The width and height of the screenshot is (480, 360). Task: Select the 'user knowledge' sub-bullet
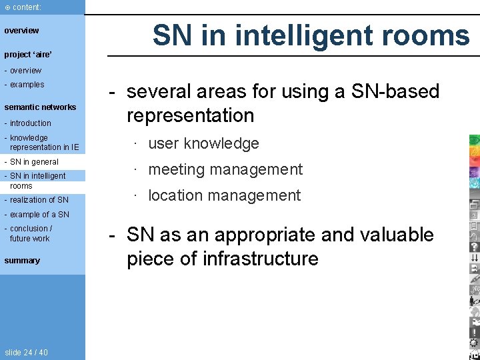pyautogui.click(x=203, y=143)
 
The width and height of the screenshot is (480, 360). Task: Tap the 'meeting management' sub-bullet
pyautogui.click(x=225, y=169)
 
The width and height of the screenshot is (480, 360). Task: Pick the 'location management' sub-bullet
pyautogui.click(x=224, y=195)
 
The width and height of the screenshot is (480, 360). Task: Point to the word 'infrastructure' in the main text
pyautogui.click(x=253, y=259)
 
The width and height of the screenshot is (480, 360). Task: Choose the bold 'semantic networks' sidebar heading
pyautogui.click(x=40, y=107)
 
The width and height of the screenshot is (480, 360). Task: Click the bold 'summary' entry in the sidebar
pyautogui.click(x=22, y=260)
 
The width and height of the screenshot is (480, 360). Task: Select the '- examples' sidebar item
pyautogui.click(x=25, y=85)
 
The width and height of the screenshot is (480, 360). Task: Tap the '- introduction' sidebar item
pyautogui.click(x=28, y=123)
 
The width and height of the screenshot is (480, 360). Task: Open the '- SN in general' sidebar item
pyautogui.click(x=32, y=161)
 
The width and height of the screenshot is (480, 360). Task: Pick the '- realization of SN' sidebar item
pyautogui.click(x=37, y=199)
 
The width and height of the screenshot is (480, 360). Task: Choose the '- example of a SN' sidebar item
pyautogui.click(x=37, y=214)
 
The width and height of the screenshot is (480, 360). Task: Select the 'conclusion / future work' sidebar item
pyautogui.click(x=29, y=233)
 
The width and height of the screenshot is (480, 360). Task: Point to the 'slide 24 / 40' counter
pyautogui.click(x=26, y=352)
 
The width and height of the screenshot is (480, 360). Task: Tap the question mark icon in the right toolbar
pyautogui.click(x=474, y=246)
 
